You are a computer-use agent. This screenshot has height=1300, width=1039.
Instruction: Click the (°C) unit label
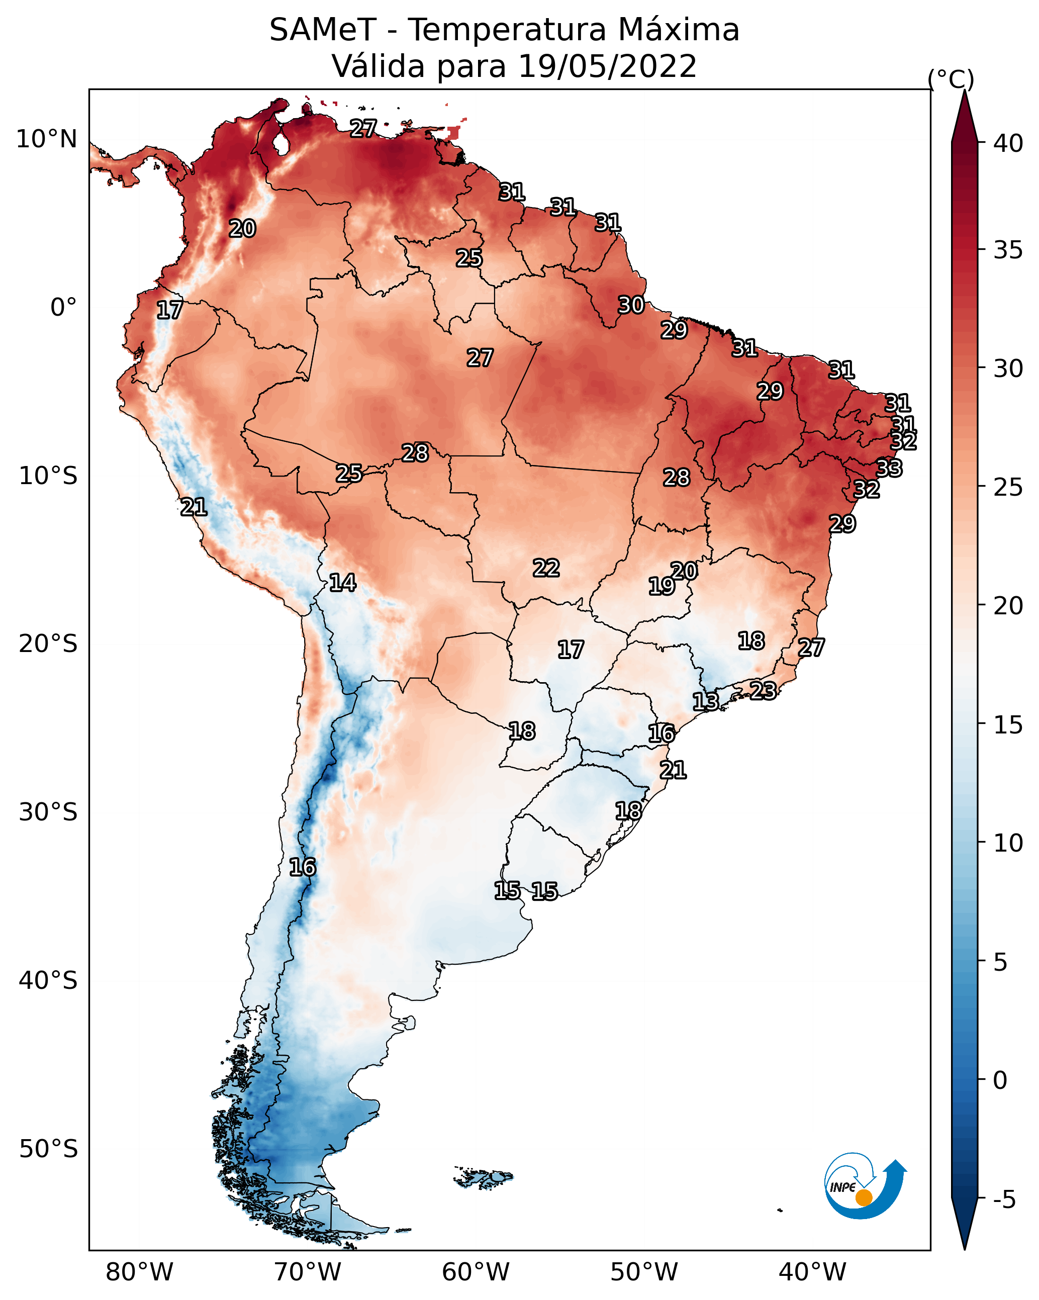click(951, 79)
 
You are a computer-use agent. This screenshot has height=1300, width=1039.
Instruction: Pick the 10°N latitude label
click(46, 139)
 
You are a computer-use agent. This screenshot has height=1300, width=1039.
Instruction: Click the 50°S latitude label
click(48, 1149)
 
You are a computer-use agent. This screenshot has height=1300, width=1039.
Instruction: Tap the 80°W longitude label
click(139, 1272)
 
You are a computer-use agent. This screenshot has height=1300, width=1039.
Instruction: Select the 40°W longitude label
click(812, 1272)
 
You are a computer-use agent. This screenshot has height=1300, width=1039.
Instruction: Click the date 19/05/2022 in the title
click(607, 66)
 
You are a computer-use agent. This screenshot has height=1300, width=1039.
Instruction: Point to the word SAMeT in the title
click(323, 30)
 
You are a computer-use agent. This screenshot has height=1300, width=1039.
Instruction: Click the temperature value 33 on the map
click(889, 468)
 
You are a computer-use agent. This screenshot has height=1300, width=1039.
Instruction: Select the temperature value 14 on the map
click(342, 583)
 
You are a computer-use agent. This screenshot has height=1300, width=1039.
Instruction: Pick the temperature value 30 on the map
click(631, 305)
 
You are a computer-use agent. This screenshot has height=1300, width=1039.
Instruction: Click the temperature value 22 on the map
click(546, 568)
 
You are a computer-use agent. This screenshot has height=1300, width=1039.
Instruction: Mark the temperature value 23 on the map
click(763, 690)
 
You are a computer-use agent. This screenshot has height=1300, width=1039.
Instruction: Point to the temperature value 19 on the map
click(661, 586)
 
